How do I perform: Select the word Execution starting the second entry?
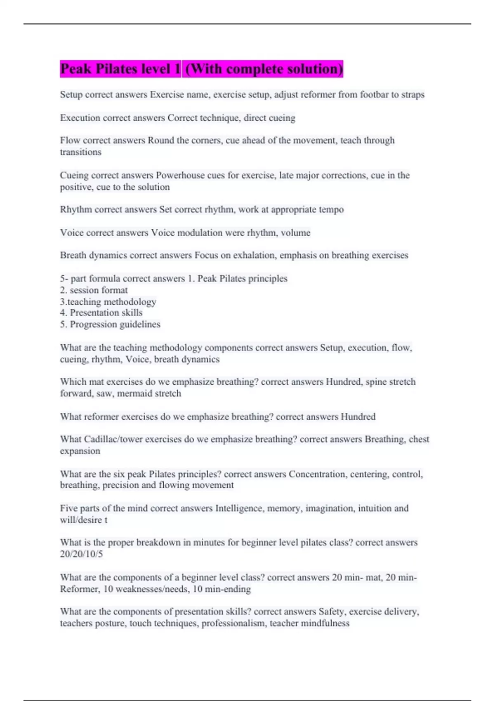click(x=80, y=118)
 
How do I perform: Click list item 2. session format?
click(x=94, y=290)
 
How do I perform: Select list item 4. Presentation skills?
click(x=101, y=313)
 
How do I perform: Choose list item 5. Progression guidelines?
click(x=110, y=325)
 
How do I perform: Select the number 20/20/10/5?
click(x=81, y=554)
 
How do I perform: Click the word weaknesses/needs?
click(x=146, y=589)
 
